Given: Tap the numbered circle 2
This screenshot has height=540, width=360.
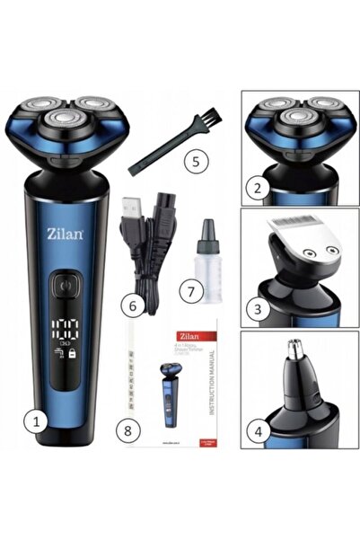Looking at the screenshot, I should [x=258, y=189].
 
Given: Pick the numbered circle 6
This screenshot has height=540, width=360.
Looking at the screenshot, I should [x=133, y=305].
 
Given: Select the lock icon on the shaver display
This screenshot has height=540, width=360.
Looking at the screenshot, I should [x=77, y=355].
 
